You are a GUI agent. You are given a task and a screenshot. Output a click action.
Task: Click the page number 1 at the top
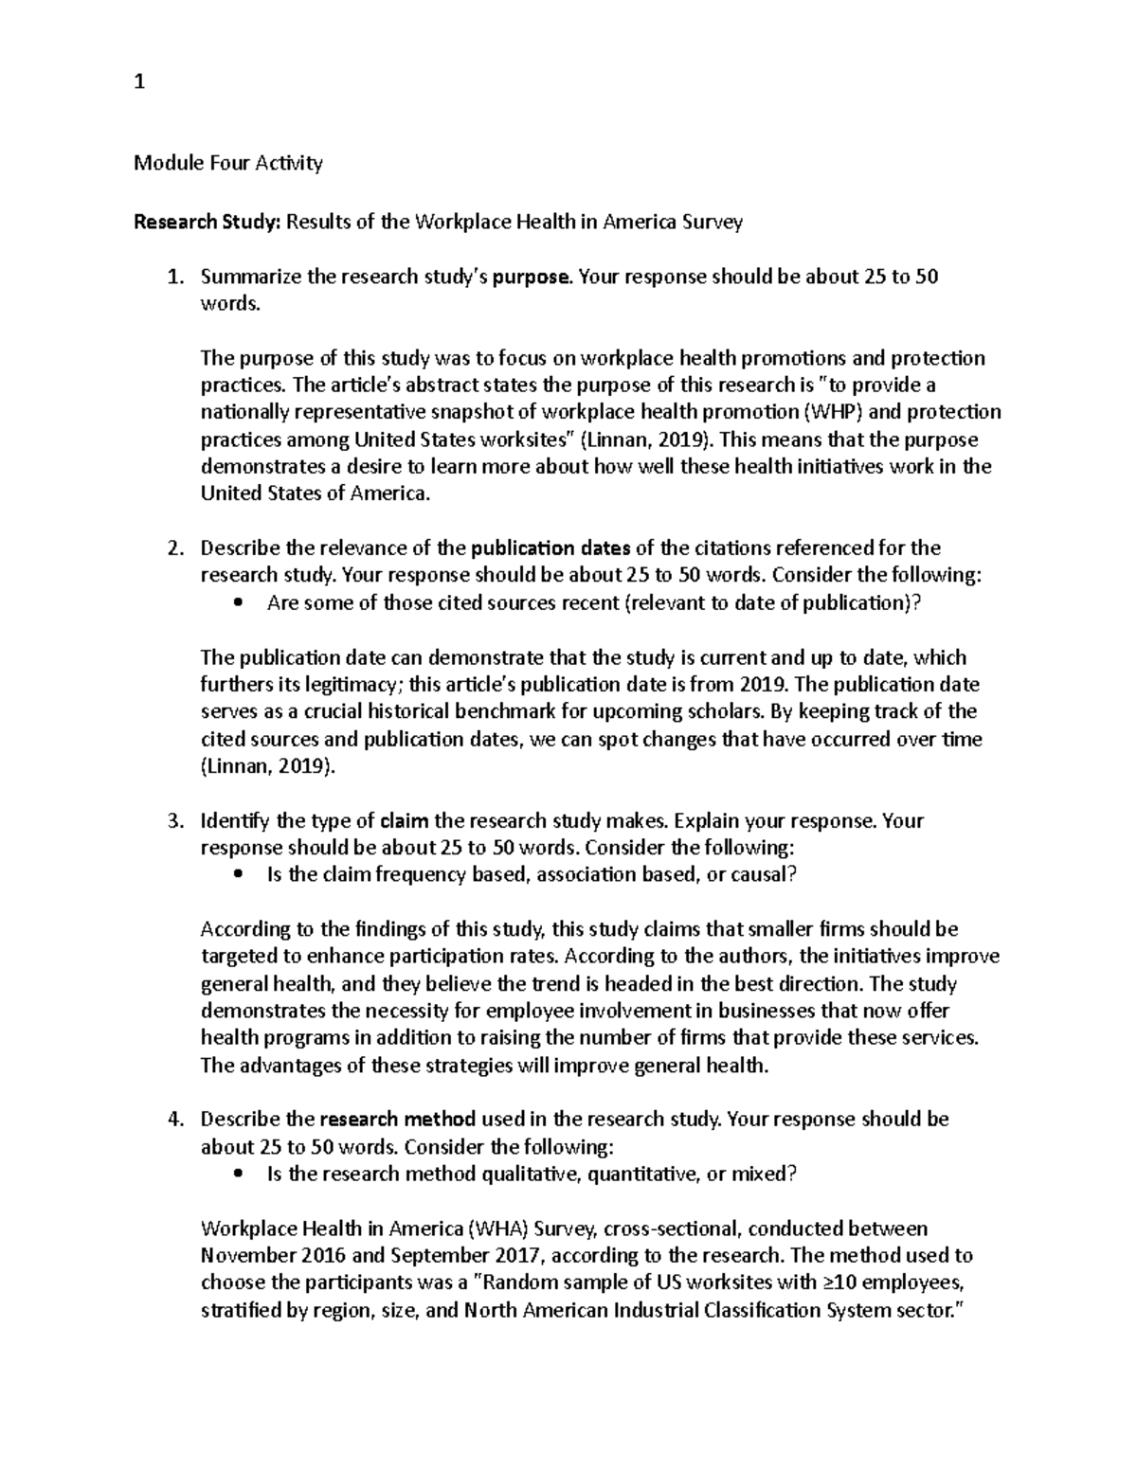pyautogui.click(x=139, y=83)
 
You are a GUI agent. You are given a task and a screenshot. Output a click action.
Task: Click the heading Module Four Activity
pyautogui.click(x=228, y=163)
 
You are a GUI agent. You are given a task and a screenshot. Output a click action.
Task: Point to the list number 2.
pyautogui.click(x=173, y=548)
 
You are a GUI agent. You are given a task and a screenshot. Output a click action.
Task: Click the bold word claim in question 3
pyautogui.click(x=404, y=821)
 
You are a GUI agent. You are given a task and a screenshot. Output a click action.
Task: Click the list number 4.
pyautogui.click(x=173, y=1120)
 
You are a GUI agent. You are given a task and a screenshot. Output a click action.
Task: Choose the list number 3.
pyautogui.click(x=173, y=821)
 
